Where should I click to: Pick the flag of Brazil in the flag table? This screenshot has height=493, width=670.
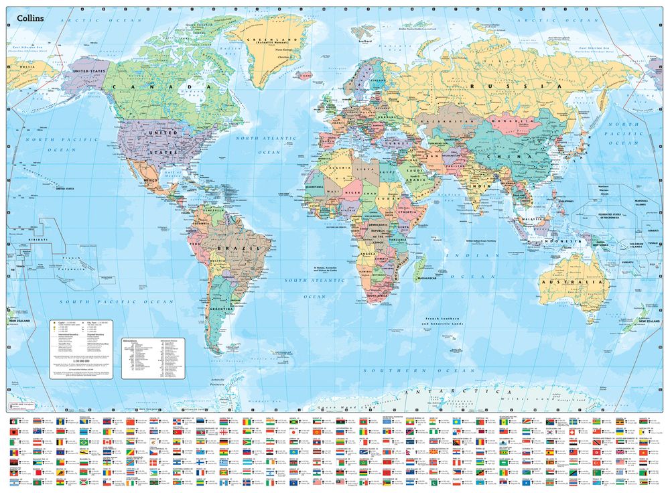pos(85,442)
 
